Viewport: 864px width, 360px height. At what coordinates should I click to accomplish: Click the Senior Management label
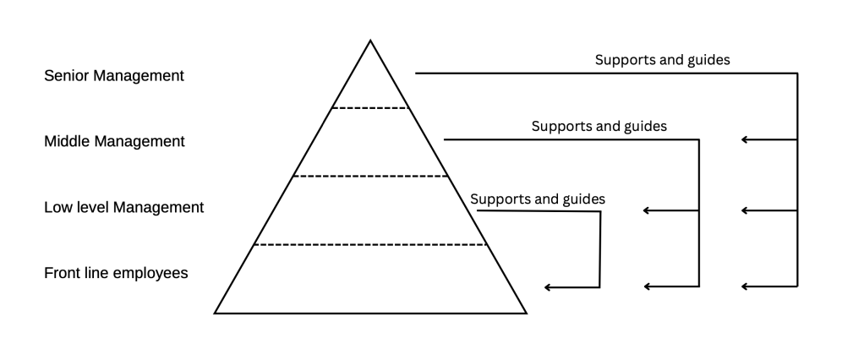coord(113,76)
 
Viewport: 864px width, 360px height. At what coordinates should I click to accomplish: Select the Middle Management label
coord(114,142)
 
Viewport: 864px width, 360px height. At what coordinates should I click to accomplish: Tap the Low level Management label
coord(123,207)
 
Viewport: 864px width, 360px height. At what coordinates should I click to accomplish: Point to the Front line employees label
coord(116,273)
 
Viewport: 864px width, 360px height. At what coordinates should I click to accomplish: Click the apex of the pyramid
coord(370,41)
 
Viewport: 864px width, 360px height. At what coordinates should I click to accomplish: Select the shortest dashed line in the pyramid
coord(370,108)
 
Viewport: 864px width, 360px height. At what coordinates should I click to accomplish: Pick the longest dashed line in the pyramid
coord(370,245)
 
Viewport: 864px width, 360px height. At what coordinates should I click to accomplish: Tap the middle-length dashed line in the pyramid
coord(370,177)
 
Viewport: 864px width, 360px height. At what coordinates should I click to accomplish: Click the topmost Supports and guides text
coord(662,60)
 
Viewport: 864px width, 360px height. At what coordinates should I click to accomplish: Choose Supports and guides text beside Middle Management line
coord(599,126)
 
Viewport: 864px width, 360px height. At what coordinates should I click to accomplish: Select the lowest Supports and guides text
coord(537,199)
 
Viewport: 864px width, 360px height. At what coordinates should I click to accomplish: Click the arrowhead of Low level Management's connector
coord(547,288)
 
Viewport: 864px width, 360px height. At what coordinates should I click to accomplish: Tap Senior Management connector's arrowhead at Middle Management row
coord(744,139)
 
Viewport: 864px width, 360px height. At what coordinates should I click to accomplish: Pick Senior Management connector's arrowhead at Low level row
coord(744,210)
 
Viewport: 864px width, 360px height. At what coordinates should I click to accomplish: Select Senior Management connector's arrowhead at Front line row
coord(744,286)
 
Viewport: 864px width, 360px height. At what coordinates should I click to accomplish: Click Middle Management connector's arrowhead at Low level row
coord(646,210)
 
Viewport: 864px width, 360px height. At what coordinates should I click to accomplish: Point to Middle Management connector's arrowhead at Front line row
coord(646,286)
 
